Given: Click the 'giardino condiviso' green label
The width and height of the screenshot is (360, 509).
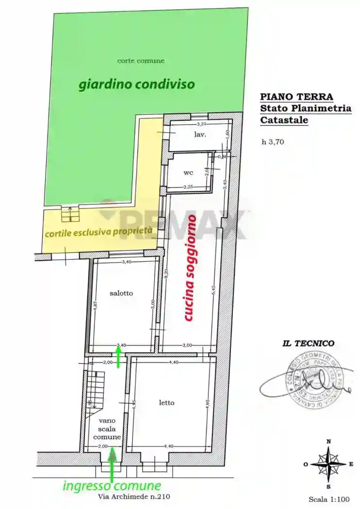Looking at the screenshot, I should (x=136, y=85).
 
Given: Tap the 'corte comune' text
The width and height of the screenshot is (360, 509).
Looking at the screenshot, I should (x=141, y=61).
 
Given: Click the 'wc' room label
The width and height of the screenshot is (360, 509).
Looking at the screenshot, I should (x=188, y=173).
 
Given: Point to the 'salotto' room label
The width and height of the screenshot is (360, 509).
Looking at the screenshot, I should (x=121, y=293).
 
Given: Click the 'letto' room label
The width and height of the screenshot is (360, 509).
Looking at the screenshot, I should (x=166, y=402).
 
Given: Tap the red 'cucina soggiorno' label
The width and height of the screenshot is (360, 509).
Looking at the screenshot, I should (x=190, y=269).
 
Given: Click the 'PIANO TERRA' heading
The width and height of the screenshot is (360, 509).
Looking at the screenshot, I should (x=296, y=96).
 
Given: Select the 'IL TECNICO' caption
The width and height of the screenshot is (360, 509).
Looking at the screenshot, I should (x=308, y=343).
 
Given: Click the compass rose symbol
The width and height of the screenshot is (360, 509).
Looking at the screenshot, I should (x=328, y=463).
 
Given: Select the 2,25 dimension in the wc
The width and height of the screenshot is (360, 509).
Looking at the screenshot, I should (x=189, y=187).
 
